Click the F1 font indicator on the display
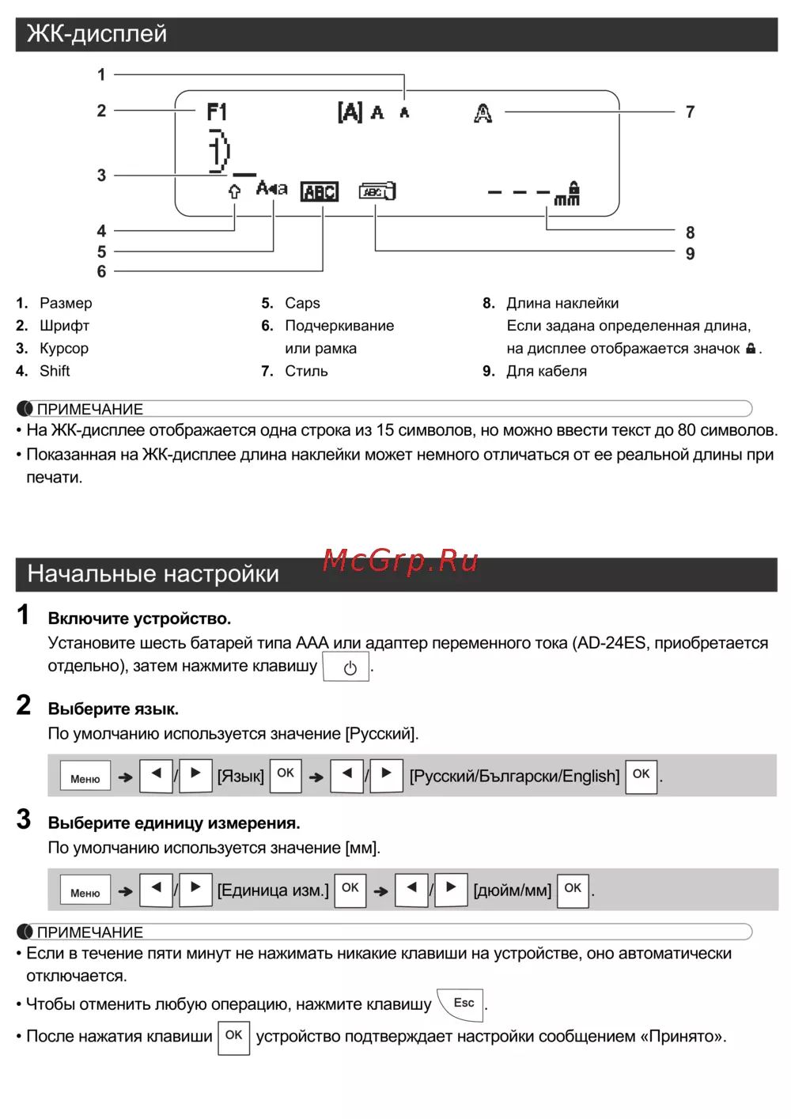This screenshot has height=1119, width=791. [217, 112]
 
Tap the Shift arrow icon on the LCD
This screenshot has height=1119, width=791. [234, 191]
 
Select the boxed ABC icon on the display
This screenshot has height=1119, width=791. [320, 192]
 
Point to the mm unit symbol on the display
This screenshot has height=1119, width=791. [566, 200]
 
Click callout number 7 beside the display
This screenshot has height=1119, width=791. [690, 112]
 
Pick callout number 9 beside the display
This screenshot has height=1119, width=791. [690, 254]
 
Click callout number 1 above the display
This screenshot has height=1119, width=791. [101, 75]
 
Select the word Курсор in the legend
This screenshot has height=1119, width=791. [64, 349]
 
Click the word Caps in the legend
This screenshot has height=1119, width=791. [302, 304]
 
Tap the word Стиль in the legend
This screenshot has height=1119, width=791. [306, 372]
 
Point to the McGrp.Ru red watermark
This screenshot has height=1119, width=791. [400, 561]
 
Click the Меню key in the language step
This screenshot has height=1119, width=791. [85, 778]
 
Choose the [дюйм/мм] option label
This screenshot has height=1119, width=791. [512, 891]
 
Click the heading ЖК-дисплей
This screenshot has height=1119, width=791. [97, 34]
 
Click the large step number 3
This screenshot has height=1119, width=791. [24, 819]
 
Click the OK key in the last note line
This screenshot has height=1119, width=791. [233, 1037]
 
